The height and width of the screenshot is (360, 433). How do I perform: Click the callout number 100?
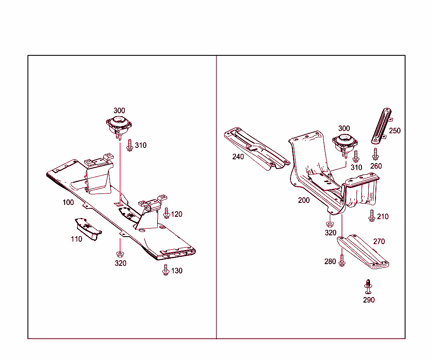(x=68, y=202)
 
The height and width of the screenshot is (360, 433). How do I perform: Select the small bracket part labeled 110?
(x=88, y=228)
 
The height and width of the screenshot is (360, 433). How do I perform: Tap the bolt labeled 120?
(x=166, y=213)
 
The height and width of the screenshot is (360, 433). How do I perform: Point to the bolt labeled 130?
(x=166, y=270)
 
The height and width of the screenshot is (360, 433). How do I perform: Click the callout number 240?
(x=238, y=157)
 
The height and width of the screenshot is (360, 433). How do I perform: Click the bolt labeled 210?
(x=372, y=215)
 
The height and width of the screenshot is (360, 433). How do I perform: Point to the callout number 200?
(x=304, y=200)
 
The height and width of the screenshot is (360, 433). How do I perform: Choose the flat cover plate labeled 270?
(x=363, y=252)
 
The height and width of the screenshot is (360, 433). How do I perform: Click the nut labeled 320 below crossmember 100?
(x=120, y=254)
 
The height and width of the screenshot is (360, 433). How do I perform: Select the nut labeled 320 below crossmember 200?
(x=330, y=224)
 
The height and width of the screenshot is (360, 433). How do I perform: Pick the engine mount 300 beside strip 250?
(x=344, y=143)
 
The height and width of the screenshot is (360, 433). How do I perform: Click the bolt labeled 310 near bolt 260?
(x=356, y=156)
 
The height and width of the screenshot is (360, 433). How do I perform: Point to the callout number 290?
(x=369, y=300)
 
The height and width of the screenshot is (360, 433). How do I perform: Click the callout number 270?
(x=379, y=242)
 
